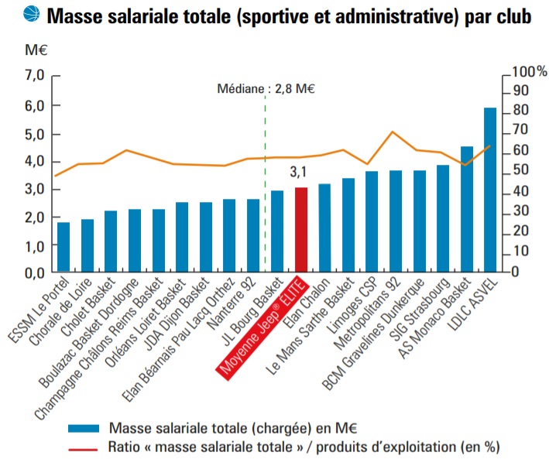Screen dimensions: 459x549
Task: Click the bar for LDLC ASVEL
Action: (490, 190)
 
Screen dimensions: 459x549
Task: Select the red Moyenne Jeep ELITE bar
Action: (300, 230)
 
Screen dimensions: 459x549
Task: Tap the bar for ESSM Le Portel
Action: (63, 248)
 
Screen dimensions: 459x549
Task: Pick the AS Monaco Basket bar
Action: (467, 210)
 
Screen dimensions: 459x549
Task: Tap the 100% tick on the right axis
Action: (529, 71)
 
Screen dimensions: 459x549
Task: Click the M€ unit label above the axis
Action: (36, 51)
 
